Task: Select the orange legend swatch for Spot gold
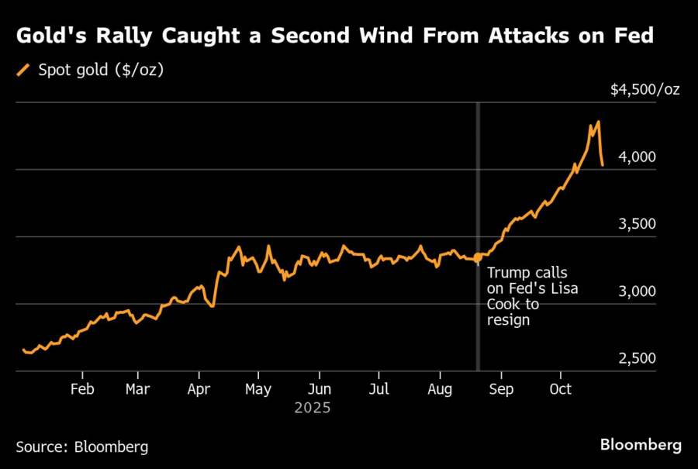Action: (x=22, y=71)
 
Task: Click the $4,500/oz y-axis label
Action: (x=644, y=90)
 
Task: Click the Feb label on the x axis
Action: (x=82, y=389)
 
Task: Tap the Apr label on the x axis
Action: (x=199, y=389)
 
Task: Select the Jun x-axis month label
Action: (x=320, y=389)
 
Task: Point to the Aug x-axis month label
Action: (x=440, y=389)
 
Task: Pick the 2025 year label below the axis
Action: (x=313, y=408)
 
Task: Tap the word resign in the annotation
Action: (x=508, y=319)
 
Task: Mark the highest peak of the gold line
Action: (x=598, y=122)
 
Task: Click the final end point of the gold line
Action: (x=603, y=164)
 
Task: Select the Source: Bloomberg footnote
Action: (x=81, y=447)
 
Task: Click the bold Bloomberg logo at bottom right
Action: (x=641, y=445)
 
